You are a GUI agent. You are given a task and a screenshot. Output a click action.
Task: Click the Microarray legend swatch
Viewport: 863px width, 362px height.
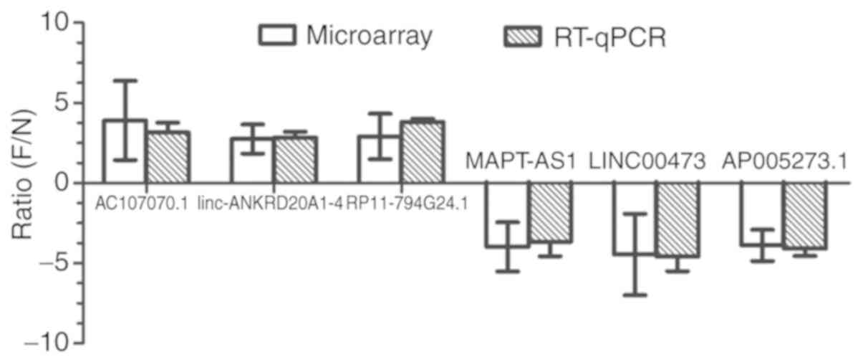278,35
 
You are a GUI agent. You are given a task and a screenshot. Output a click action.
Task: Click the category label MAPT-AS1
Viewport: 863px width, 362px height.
521,161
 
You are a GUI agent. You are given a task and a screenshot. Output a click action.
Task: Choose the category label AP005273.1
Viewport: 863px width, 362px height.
784,161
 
